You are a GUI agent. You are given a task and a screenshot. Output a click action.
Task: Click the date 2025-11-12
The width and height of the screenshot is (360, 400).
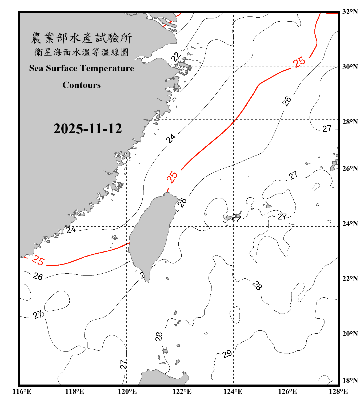(87, 129)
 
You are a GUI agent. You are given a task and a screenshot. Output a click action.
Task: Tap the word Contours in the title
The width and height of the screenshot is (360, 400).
(82, 85)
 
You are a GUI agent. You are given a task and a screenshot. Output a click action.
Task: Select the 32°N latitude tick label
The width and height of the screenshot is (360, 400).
(350, 11)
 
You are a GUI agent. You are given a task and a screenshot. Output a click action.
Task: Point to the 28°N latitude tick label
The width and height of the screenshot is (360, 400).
(350, 122)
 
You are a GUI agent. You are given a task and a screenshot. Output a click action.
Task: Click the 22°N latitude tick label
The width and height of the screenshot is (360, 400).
(350, 278)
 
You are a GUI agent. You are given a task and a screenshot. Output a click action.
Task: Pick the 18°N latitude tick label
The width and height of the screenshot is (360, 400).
(350, 380)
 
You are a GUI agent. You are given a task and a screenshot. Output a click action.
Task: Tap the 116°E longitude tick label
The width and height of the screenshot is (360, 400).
(22, 391)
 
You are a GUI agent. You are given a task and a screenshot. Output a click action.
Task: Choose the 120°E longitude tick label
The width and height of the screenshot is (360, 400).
(127, 391)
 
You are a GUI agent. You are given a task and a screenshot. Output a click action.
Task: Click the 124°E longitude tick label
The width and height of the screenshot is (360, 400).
(233, 391)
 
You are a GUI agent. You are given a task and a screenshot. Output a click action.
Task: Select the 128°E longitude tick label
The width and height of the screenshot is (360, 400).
(338, 391)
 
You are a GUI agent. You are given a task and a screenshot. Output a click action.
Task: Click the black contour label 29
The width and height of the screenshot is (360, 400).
(227, 354)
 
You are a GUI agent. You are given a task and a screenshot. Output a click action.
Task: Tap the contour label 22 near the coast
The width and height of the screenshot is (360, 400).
(176, 57)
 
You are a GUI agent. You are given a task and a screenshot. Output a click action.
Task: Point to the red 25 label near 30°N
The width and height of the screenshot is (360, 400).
(299, 62)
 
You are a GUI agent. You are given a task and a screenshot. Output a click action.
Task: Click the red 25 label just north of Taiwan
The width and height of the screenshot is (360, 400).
(172, 176)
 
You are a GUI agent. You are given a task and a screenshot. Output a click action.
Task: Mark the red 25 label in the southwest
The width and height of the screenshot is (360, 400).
(38, 260)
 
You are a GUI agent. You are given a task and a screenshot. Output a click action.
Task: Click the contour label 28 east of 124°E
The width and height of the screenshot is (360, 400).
(257, 285)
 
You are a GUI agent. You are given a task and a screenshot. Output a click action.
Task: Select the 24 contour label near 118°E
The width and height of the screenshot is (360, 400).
(71, 230)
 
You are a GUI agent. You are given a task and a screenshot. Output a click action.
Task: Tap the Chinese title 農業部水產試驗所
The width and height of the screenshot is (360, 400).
(81, 38)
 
